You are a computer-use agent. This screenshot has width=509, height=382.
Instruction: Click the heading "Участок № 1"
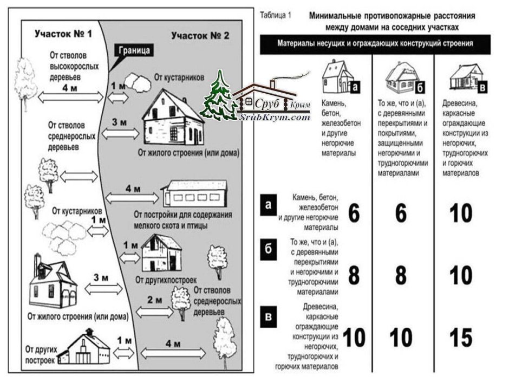[x=64, y=33]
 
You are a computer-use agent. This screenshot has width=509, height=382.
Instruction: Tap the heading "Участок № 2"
[x=200, y=36]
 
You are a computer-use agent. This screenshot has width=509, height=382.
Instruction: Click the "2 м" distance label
[x=154, y=300]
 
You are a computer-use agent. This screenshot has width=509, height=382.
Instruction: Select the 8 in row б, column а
[x=354, y=276]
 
